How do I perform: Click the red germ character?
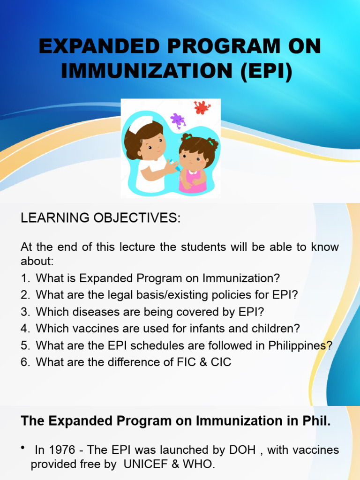(202, 107)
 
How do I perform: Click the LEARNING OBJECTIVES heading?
(100, 218)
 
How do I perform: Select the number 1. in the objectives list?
(25, 278)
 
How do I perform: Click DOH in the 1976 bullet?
(242, 450)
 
